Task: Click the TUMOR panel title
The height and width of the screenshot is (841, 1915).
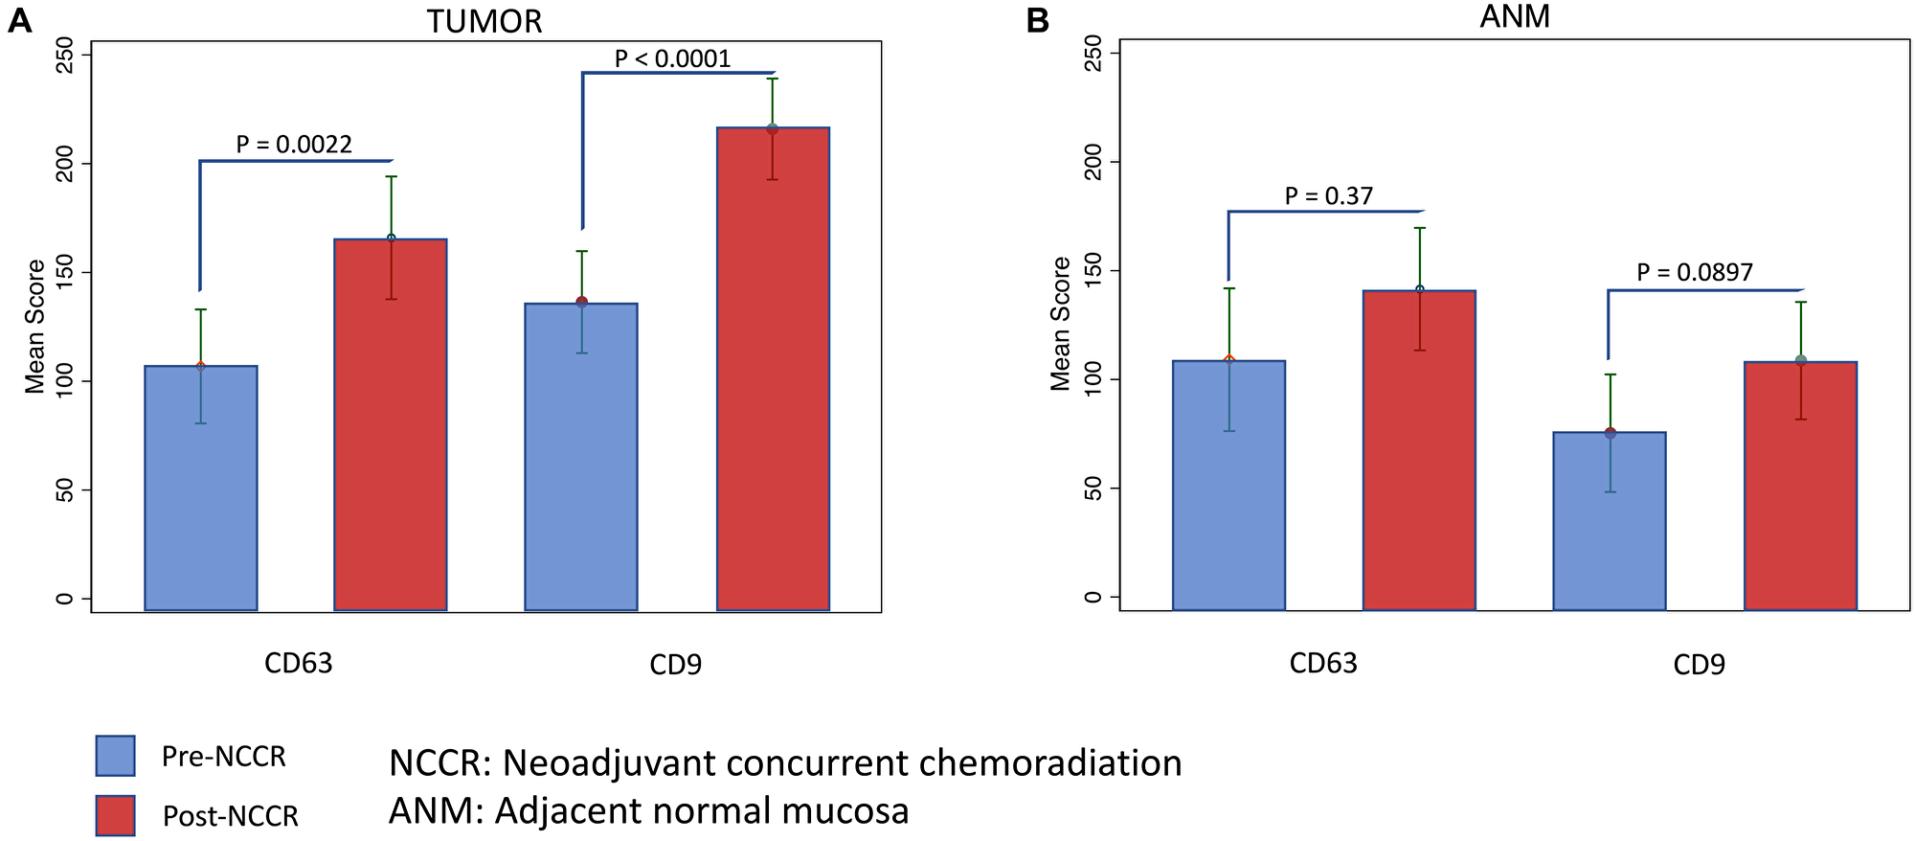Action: pyautogui.click(x=484, y=21)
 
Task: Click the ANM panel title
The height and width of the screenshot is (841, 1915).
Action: pyautogui.click(x=1514, y=17)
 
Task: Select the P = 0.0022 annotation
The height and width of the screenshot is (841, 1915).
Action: pyautogui.click(x=294, y=145)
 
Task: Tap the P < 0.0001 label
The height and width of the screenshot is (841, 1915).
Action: pyautogui.click(x=672, y=59)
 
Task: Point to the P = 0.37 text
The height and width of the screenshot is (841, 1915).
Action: pyautogui.click(x=1328, y=196)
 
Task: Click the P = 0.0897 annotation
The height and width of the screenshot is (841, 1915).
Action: pyautogui.click(x=1694, y=273)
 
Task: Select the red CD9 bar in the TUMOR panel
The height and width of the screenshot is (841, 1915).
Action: pyautogui.click(x=773, y=383)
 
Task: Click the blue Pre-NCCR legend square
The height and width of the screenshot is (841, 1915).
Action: pyautogui.click(x=116, y=756)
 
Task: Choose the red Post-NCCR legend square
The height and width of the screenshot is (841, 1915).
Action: pyautogui.click(x=116, y=815)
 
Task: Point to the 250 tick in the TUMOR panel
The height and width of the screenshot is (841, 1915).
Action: pyautogui.click(x=64, y=55)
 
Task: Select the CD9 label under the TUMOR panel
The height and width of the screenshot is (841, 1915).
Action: pyautogui.click(x=675, y=665)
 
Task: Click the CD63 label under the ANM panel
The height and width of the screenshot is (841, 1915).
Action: pyautogui.click(x=1323, y=664)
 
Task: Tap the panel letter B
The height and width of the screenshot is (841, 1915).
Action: pyautogui.click(x=1037, y=21)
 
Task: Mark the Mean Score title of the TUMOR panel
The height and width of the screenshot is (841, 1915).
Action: pyautogui.click(x=35, y=327)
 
